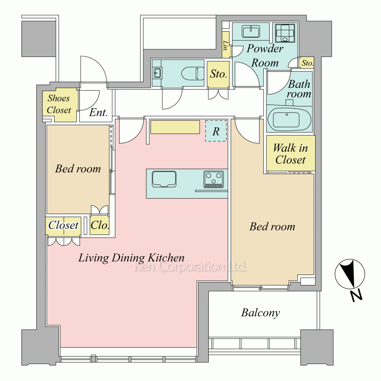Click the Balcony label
(261, 313)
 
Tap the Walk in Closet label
(290, 154)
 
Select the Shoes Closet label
(59, 104)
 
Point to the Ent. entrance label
(98, 112)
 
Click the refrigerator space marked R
(216, 131)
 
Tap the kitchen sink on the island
(164, 179)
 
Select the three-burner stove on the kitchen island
(214, 179)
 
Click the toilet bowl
(193, 73)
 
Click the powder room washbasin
(251, 32)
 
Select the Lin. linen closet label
(226, 46)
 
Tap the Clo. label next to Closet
(99, 225)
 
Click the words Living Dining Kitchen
(131, 258)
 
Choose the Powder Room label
(265, 56)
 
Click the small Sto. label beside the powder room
(307, 63)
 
